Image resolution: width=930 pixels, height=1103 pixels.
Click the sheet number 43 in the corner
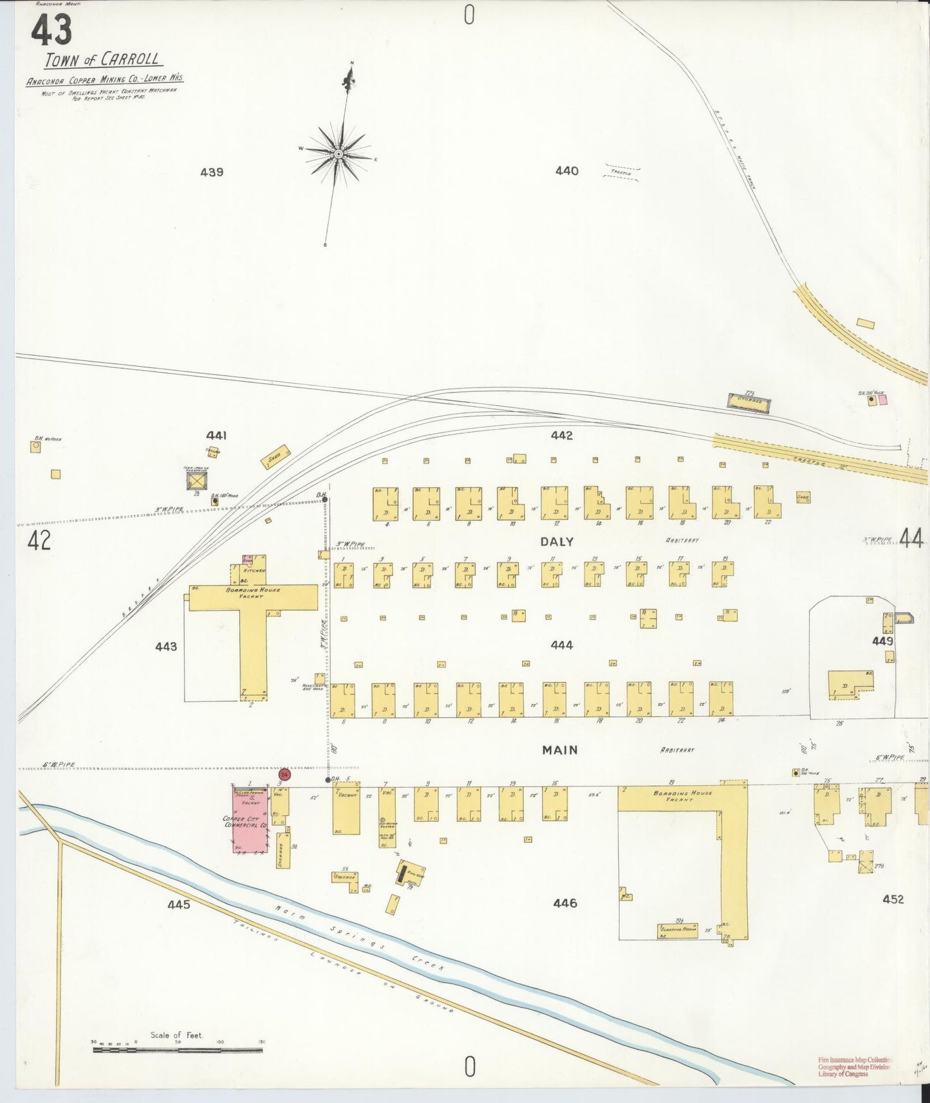pyautogui.click(x=51, y=30)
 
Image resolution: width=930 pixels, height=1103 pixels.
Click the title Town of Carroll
pyautogui.click(x=103, y=60)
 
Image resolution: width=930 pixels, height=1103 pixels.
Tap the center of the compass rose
pyautogui.click(x=339, y=154)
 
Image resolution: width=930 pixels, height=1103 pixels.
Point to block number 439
pyautogui.click(x=211, y=172)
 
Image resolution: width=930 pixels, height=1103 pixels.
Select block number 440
pyautogui.click(x=566, y=171)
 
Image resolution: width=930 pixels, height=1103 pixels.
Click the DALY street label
pyautogui.click(x=557, y=542)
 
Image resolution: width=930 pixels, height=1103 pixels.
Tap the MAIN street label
pyautogui.click(x=559, y=750)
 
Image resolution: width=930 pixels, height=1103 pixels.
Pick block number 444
pyautogui.click(x=562, y=645)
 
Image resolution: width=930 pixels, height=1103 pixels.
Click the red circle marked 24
pyautogui.click(x=284, y=775)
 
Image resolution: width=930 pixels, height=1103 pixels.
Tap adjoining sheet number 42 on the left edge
pyautogui.click(x=39, y=541)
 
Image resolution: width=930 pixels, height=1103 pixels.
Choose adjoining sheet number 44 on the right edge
pyautogui.click(x=911, y=538)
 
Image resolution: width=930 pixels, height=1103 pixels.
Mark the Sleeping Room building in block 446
pyautogui.click(x=677, y=930)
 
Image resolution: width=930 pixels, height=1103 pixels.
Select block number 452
pyautogui.click(x=893, y=899)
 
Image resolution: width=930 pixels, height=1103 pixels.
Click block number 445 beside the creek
pyautogui.click(x=178, y=904)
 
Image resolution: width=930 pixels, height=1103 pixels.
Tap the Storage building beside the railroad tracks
pyautogui.click(x=749, y=402)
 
